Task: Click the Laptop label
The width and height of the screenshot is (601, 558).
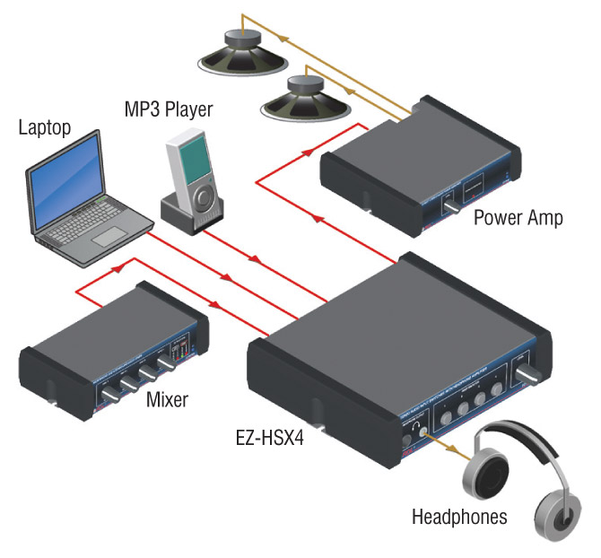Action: point(44,127)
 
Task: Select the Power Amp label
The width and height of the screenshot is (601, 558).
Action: point(518,218)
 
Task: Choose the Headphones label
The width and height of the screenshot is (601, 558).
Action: point(458,517)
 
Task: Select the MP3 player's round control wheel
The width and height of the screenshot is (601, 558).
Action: point(205,192)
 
